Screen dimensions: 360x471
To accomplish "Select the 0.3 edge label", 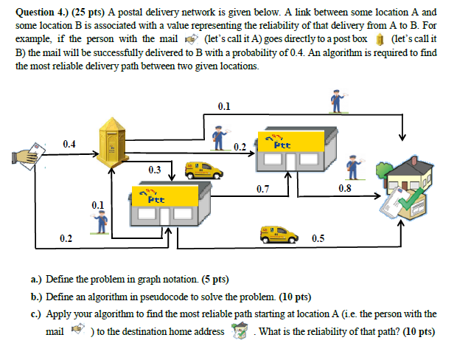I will [154, 170].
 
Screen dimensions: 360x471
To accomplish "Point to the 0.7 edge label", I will [262, 190].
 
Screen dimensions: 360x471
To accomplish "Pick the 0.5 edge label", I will [318, 238].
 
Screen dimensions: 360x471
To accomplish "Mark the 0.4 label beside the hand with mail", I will [69, 143].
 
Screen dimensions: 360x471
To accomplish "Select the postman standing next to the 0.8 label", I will [355, 167].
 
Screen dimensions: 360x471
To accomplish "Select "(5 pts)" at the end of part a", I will [214, 280].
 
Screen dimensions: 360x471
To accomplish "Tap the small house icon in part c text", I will [238, 331].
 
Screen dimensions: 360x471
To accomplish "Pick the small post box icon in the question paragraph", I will [380, 38].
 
